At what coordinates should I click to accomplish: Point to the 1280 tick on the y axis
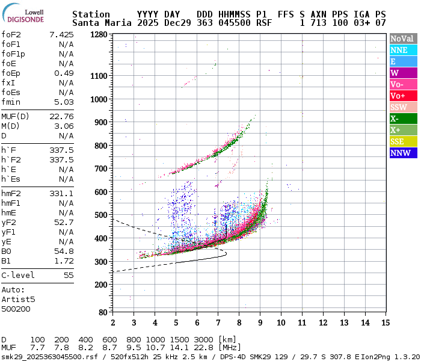pos(99,35)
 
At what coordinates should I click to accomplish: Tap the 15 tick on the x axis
pos(385,324)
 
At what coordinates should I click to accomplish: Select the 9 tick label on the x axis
pos(260,324)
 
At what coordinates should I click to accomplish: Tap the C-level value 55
pos(69,275)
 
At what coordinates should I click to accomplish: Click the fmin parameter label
pos(11,102)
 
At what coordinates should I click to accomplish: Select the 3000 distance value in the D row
pos(203,339)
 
